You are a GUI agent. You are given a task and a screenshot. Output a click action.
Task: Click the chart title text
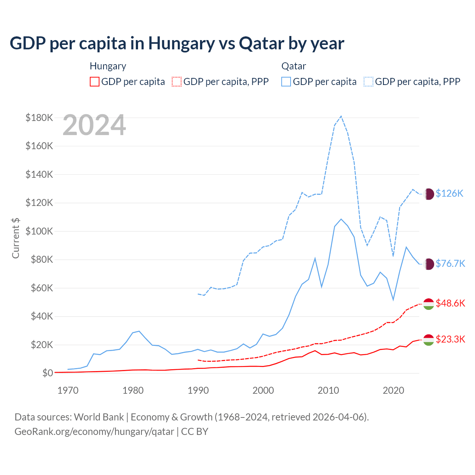[177, 43]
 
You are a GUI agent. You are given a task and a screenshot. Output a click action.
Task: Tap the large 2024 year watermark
[94, 125]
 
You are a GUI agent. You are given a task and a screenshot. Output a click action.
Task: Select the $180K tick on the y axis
[39, 118]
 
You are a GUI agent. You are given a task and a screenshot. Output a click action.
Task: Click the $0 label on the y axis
[47, 373]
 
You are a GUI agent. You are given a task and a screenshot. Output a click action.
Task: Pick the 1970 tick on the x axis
[68, 390]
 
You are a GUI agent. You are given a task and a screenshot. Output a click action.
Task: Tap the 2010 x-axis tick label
[328, 390]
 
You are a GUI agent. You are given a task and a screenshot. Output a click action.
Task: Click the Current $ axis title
[16, 238]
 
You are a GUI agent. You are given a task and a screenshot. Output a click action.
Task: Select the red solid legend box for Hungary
[95, 82]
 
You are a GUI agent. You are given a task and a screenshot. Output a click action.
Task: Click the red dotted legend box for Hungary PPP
[177, 82]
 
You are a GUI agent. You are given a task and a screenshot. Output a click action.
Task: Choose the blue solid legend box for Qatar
[286, 82]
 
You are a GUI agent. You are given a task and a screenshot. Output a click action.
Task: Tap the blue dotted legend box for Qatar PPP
[368, 82]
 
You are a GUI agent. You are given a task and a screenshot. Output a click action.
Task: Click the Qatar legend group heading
[294, 66]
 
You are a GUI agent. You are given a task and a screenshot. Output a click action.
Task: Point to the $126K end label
[449, 193]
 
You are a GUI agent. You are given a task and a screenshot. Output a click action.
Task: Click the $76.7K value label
[450, 263]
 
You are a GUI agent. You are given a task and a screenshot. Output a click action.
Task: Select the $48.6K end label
[450, 303]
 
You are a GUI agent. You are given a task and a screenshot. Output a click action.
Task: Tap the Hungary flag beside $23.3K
[429, 340]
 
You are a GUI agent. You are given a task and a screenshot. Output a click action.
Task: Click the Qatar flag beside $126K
[429, 194]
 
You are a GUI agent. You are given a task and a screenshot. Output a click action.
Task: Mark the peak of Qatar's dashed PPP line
[341, 116]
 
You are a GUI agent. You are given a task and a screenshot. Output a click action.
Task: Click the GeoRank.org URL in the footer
[94, 432]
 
